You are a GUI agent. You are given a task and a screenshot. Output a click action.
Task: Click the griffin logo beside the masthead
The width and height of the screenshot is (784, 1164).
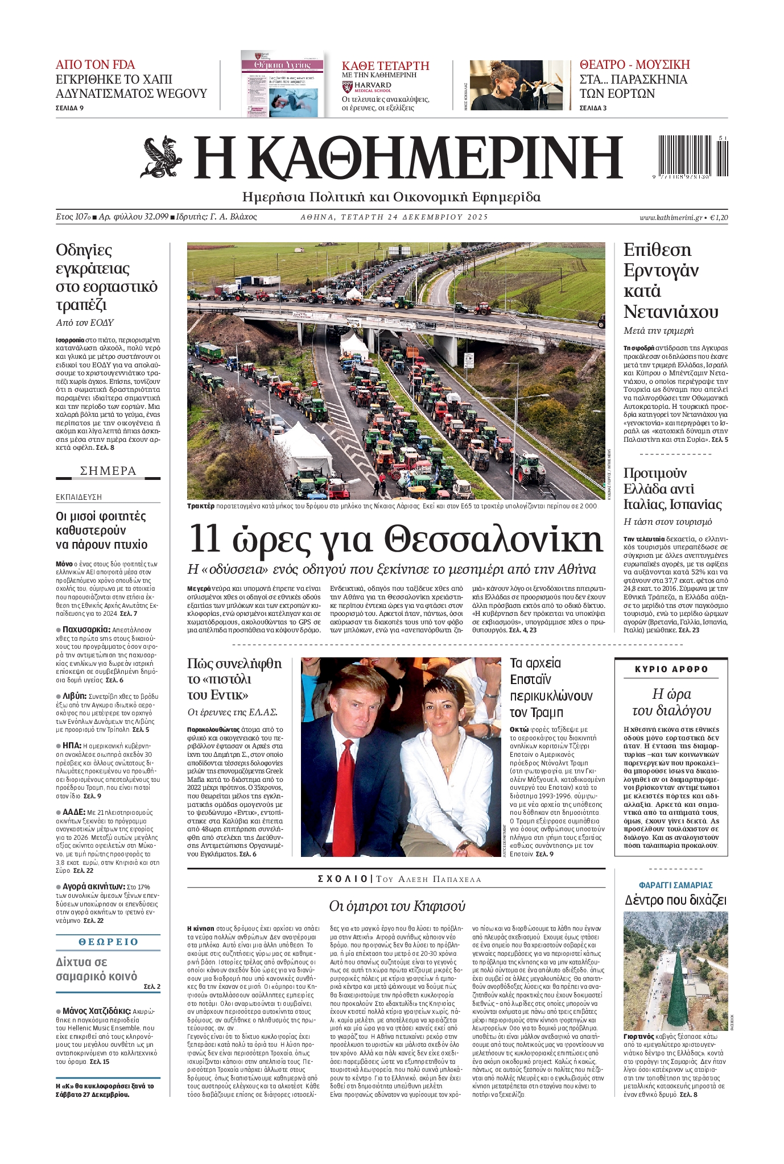point(161,158)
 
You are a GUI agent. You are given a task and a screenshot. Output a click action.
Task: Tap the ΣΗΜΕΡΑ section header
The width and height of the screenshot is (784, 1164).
point(108,471)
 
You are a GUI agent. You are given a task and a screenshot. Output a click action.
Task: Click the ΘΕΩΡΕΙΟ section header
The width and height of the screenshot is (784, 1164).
point(108,942)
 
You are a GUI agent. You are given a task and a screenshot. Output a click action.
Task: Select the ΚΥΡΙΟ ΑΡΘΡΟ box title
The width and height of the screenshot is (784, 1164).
point(671,669)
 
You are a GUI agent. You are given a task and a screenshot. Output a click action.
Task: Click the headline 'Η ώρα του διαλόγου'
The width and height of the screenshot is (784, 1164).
point(671,702)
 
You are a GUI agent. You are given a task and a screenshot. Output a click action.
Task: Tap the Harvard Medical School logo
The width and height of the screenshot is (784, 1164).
point(367,88)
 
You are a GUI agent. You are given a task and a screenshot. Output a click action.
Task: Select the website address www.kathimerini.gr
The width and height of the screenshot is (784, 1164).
point(670,217)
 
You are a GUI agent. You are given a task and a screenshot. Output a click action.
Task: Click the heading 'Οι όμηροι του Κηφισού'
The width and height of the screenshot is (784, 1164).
point(397,906)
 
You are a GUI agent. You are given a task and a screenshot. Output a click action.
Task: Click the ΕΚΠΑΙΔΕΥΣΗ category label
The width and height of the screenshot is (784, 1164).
point(79,497)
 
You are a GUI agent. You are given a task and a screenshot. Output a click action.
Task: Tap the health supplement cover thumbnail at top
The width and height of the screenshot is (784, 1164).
point(282,84)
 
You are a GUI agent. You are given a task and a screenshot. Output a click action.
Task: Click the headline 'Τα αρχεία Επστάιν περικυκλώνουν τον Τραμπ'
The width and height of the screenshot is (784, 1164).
point(551,687)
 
